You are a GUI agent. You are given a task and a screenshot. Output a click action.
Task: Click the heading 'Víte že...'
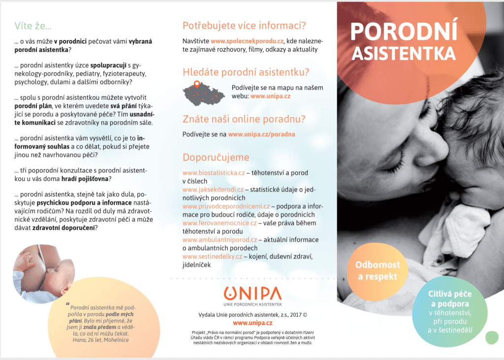[x=33, y=26]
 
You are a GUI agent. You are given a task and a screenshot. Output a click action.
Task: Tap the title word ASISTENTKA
[x=404, y=53]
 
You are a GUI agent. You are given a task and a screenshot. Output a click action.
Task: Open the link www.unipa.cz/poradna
[x=261, y=133]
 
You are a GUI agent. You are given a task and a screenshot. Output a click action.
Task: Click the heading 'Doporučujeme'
[x=216, y=157]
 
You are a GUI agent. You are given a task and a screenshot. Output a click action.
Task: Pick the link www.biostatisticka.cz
[x=214, y=173]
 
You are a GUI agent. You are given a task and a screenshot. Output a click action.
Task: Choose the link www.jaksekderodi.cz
[x=213, y=189]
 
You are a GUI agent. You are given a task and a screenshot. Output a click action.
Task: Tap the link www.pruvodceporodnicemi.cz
[x=226, y=206]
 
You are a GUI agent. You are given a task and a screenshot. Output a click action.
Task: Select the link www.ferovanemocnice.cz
[x=220, y=223]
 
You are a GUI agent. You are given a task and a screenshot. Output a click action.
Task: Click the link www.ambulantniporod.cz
[x=220, y=240]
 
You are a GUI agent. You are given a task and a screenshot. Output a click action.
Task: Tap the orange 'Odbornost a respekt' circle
[x=378, y=270]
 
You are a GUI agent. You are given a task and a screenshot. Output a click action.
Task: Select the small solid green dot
[x=492, y=338]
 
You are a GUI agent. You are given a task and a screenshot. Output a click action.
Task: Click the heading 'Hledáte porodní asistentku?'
[x=246, y=72]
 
